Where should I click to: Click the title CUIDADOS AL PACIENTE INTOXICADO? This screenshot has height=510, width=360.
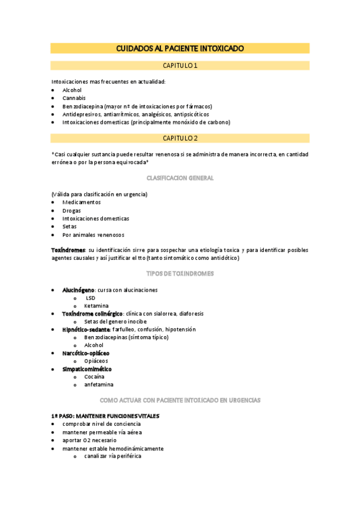click(180, 48)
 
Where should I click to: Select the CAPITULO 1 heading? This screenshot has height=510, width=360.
click(180, 66)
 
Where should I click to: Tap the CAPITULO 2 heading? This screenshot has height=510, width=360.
click(180, 138)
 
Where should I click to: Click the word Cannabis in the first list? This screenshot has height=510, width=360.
click(74, 98)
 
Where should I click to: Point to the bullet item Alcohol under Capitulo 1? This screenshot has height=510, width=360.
click(72, 90)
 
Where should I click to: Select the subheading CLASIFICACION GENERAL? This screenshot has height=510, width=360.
click(180, 179)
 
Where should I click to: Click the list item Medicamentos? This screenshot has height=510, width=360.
click(81, 203)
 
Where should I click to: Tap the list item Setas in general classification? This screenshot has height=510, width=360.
click(70, 227)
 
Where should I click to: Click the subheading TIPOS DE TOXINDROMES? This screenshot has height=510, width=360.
click(180, 274)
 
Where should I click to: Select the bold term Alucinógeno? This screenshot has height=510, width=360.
click(78, 290)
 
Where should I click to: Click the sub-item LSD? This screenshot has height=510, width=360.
click(90, 298)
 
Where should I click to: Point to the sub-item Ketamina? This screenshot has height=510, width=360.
click(96, 306)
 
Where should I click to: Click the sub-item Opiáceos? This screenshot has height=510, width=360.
click(96, 361)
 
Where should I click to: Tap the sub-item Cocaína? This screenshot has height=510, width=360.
click(94, 376)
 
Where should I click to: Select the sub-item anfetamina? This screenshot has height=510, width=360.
click(99, 384)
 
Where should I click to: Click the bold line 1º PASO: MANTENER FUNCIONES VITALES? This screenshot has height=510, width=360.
click(105, 416)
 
